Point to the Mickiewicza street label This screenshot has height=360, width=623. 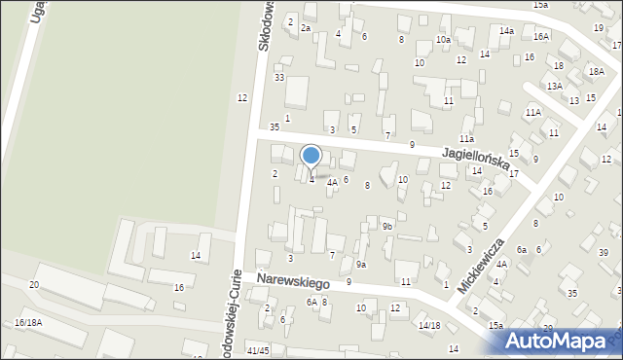pos(485,259)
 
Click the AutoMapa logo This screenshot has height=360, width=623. pos(561,339)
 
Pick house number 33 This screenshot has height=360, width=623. pos(279,77)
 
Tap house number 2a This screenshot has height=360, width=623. pos(305,28)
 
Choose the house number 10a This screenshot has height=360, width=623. pos(443,40)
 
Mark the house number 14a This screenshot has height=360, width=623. pos(507,31)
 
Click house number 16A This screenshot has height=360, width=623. pos(541,36)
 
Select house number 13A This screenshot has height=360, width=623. pos(554,86)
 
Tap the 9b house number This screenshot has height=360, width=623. pos(386,227)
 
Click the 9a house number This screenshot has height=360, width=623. pos(360,264)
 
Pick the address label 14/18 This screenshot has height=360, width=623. pos(429,325)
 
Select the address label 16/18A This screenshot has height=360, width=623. pos(28,322)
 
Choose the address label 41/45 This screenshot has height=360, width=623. pos(258,350)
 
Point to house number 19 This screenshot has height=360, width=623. pos(599,28)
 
